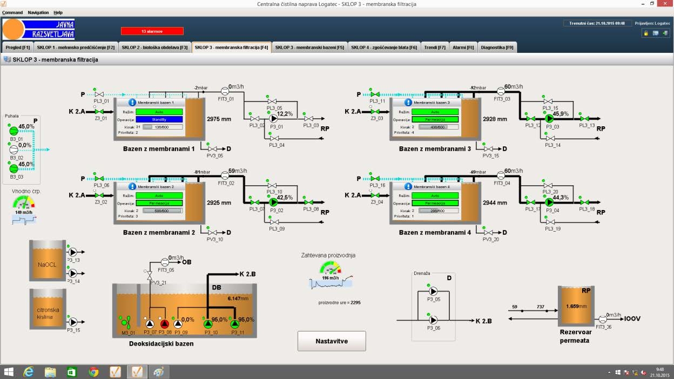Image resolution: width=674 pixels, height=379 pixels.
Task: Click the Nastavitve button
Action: tap(332, 341)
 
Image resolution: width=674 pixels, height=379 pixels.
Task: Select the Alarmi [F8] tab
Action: tap(463, 48)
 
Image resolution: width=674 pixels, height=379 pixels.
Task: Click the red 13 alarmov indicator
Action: tap(152, 31)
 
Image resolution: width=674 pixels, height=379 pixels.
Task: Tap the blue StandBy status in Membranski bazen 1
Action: tap(159, 119)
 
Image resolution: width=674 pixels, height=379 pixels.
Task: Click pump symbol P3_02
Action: tap(273, 202)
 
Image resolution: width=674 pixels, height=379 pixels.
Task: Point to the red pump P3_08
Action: tap(165, 324)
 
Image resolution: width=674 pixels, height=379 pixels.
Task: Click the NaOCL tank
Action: tap(47, 265)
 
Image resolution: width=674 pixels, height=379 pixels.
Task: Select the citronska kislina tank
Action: tap(47, 310)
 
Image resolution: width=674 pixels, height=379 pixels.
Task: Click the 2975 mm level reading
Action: tap(219, 119)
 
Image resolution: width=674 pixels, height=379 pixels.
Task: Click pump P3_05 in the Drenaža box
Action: tap(433, 292)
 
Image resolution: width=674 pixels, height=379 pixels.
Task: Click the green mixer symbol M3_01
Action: tap(127, 323)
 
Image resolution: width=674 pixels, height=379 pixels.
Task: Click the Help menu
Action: tap(58, 12)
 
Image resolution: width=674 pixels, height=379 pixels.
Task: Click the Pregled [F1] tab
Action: tap(18, 48)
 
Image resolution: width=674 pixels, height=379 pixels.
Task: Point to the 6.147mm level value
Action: tap(238, 298)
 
